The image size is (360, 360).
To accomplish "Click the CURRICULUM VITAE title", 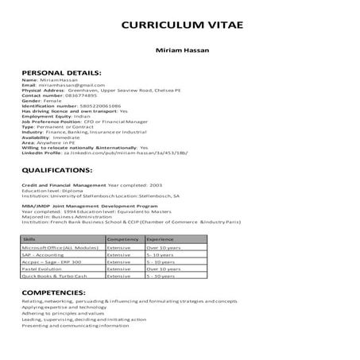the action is click(x=180, y=25).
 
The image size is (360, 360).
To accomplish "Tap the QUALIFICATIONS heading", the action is click(x=57, y=170).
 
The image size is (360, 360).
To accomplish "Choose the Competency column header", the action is click(x=122, y=238).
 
